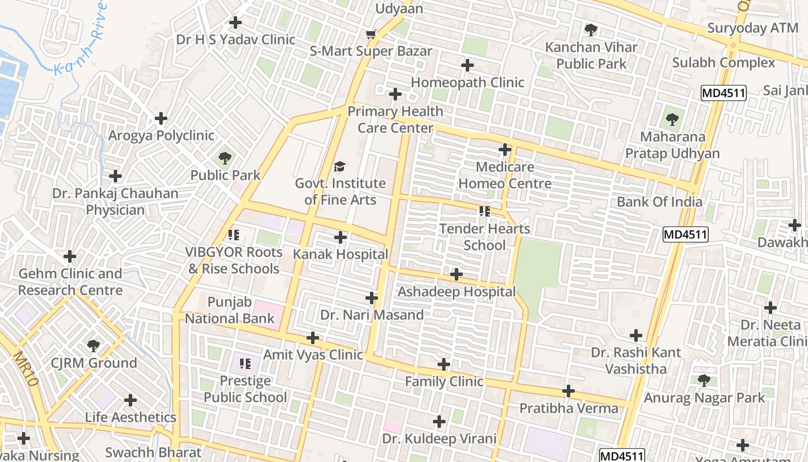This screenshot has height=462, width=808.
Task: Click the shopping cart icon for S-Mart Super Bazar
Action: point(371,35)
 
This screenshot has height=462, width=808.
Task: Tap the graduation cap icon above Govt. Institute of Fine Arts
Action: point(340,167)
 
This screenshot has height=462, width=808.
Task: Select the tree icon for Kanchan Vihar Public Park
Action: point(590,29)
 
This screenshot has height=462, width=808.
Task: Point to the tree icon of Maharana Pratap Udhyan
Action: point(672,120)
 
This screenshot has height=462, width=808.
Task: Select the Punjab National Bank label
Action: point(230,310)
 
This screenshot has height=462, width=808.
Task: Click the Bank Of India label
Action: point(659,202)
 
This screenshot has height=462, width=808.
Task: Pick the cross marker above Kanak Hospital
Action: point(341,237)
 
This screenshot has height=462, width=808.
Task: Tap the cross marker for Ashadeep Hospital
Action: point(457,274)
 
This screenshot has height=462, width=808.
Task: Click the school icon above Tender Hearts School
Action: point(484,211)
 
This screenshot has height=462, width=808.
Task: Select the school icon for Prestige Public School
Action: point(245,364)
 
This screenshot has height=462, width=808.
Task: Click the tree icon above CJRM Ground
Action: point(93,346)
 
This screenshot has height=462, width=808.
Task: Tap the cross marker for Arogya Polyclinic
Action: point(161,119)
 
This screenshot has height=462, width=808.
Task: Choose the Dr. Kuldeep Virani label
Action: point(439,439)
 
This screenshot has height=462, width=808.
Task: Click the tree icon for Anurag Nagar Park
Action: point(704,381)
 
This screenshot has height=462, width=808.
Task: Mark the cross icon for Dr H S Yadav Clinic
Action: point(235,23)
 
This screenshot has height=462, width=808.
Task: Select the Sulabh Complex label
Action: point(724,62)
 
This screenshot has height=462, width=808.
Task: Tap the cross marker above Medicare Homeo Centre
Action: point(505,150)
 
